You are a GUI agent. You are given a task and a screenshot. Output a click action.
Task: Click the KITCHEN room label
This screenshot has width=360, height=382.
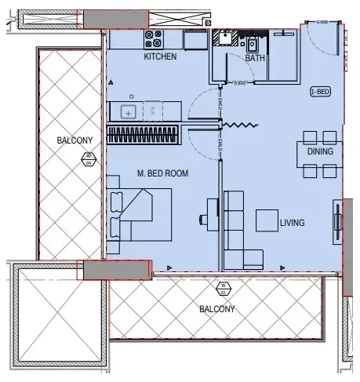click(x=160, y=57)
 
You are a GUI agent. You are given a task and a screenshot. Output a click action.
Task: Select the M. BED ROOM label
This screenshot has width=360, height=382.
click(x=161, y=173)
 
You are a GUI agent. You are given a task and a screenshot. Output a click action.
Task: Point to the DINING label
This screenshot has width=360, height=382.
click(x=320, y=151)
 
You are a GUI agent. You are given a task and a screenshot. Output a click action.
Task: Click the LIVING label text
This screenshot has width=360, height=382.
click(x=292, y=223)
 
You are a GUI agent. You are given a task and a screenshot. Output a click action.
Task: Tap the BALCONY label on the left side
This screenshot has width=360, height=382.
click(x=75, y=140)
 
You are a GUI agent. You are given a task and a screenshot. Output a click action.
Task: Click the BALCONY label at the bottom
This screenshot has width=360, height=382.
click(x=217, y=309)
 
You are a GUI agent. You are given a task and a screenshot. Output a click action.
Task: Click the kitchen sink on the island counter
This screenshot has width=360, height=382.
click(x=130, y=112)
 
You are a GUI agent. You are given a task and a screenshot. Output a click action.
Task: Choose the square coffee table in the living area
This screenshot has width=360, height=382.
click(x=266, y=222)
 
